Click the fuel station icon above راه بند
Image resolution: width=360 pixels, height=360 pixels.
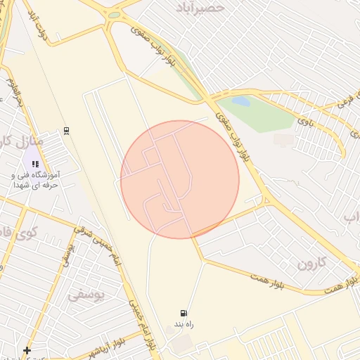click(x=183, y=314)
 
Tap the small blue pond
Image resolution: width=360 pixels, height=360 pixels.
click(x=240, y=101)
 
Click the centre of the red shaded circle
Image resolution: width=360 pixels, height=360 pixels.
click(x=180, y=180)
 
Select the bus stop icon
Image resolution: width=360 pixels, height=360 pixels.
click(x=66, y=130)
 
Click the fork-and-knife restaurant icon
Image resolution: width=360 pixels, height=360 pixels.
click(x=35, y=164)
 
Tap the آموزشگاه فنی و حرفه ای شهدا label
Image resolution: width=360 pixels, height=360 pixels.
click(x=35, y=179)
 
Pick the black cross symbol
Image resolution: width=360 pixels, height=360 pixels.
click(x=27, y=350)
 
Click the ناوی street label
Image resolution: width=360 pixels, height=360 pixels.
click(x=307, y=121)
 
